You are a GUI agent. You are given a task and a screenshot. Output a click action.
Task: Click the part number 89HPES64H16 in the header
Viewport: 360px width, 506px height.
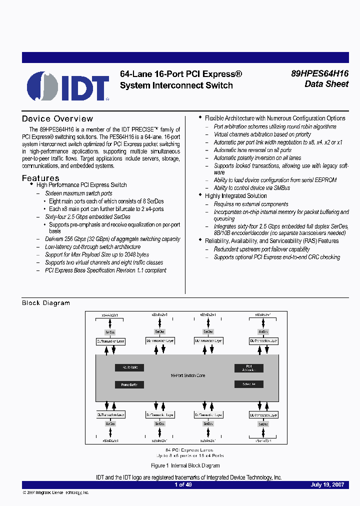point(319,73)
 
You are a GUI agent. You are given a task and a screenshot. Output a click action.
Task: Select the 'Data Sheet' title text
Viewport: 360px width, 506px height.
point(326,84)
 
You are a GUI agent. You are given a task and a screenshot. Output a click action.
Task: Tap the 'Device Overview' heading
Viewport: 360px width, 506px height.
point(57,118)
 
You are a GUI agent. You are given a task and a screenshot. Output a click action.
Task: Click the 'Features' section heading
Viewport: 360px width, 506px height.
point(40,178)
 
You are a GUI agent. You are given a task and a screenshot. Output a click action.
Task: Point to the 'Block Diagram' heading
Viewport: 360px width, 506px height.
point(46,303)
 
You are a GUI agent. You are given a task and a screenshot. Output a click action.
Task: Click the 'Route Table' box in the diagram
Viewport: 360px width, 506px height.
point(129,367)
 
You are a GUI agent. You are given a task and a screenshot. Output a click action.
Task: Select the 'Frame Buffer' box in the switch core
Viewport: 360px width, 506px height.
point(129,384)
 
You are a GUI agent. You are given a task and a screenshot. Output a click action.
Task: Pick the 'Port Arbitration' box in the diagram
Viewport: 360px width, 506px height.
point(248,368)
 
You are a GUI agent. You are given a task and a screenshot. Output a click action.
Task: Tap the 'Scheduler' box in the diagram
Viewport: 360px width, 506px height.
point(248,384)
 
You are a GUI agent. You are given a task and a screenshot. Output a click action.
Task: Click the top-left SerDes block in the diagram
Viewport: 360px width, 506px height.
point(110,331)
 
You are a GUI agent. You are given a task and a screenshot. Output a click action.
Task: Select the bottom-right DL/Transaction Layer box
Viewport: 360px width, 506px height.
point(263,414)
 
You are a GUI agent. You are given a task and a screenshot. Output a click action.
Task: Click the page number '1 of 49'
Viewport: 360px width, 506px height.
point(183,484)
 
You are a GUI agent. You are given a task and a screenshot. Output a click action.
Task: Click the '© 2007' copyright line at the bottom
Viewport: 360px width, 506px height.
point(56,492)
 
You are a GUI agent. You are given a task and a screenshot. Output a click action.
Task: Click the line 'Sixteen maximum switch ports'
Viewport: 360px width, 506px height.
point(78,193)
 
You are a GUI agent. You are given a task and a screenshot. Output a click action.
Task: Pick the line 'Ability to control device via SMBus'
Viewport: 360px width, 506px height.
point(251,188)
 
